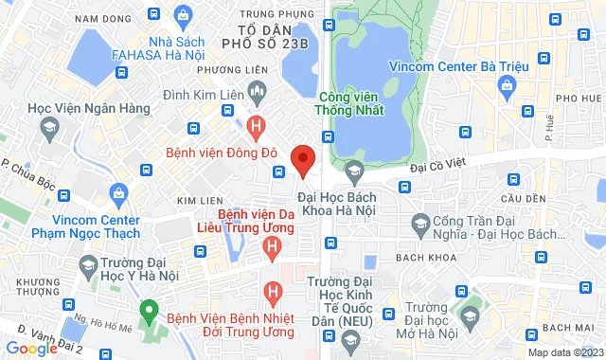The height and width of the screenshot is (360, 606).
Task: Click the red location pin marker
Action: point(302,160)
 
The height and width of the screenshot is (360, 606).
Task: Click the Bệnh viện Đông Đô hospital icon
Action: point(255,124)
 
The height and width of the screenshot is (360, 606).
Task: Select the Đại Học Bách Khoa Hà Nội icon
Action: point(355,172)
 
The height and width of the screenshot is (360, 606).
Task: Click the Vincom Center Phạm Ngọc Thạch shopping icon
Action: point(118,194)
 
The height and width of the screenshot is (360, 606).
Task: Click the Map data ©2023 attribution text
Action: point(563,352)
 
